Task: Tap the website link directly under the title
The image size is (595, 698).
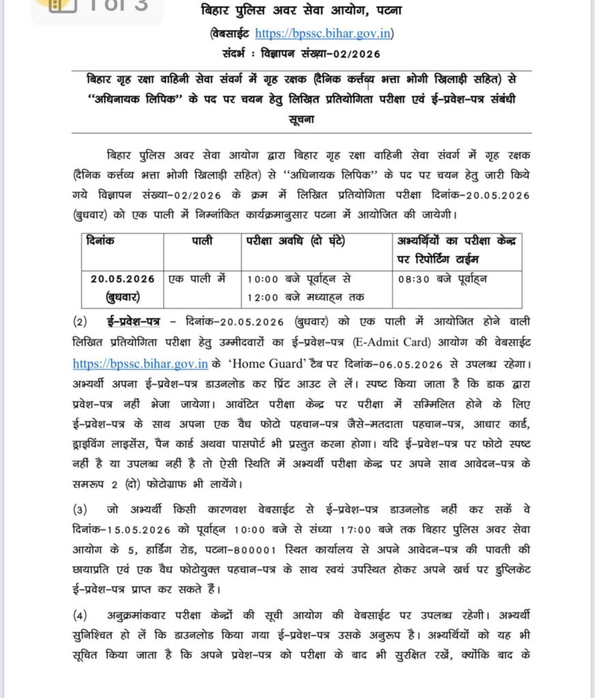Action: pyautogui.click(x=323, y=33)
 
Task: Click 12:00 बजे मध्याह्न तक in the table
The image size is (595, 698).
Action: pyautogui.click(x=305, y=297)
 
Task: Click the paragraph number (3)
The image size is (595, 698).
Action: pyautogui.click(x=81, y=509)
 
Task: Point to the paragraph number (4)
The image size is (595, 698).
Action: pyautogui.click(x=81, y=616)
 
